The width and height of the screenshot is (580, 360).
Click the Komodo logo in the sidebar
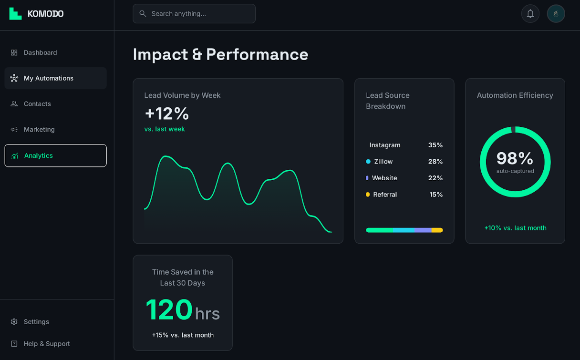click(36, 14)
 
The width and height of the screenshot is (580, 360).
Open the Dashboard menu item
click(40, 52)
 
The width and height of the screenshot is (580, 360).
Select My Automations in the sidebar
click(48, 78)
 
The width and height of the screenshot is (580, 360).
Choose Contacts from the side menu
click(37, 104)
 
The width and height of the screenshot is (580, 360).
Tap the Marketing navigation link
click(39, 130)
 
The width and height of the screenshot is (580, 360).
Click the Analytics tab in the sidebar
click(38, 155)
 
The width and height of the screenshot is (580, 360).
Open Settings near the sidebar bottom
click(36, 322)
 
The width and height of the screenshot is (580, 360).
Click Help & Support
click(46, 344)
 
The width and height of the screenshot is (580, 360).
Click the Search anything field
click(194, 14)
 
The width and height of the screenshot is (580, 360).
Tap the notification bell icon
click(530, 14)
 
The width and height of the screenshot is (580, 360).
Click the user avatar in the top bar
click(556, 14)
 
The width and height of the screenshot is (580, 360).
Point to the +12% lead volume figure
click(167, 113)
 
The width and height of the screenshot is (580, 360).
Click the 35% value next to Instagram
click(435, 145)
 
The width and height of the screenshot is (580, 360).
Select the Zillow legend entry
click(383, 162)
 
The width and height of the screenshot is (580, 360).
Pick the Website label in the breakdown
click(384, 178)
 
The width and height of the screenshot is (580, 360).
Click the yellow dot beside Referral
click(368, 195)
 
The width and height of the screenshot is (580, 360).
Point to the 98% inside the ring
click(515, 159)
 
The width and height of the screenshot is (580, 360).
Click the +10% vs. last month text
click(515, 228)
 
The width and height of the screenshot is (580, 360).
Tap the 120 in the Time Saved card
click(169, 310)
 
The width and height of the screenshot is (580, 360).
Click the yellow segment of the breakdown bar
click(437, 230)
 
